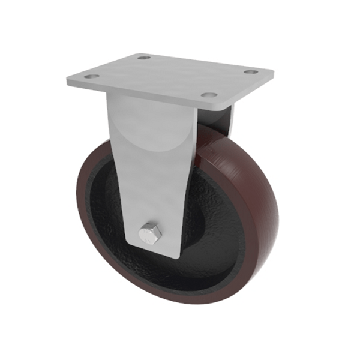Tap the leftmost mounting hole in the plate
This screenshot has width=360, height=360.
pos(91,77)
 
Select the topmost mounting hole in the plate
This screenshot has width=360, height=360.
pos(143,58)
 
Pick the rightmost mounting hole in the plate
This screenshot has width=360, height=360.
pos(251,72)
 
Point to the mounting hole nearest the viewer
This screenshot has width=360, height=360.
pos(208,95)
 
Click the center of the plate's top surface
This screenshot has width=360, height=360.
pos(171,76)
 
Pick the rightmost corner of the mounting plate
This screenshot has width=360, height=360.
pos(274,73)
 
